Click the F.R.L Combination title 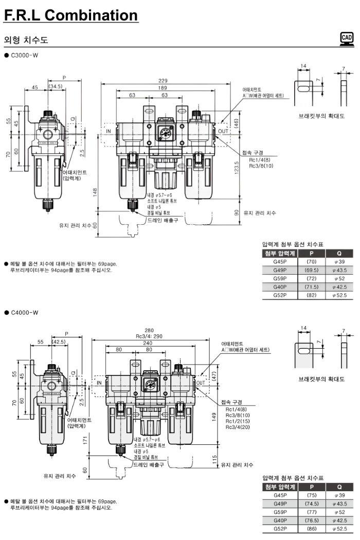(x=71, y=15)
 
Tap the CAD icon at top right (x=347, y=39)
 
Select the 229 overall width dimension (x=164, y=80)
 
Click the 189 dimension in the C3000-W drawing (x=164, y=88)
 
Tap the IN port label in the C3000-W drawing (x=109, y=131)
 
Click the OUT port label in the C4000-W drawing (x=201, y=383)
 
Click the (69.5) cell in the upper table (x=311, y=269)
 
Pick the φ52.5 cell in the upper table (x=340, y=295)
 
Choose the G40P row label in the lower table (x=280, y=520)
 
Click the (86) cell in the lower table (x=311, y=529)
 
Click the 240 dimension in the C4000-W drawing (x=148, y=342)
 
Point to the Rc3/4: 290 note (x=149, y=336)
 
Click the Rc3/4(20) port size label (x=238, y=427)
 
